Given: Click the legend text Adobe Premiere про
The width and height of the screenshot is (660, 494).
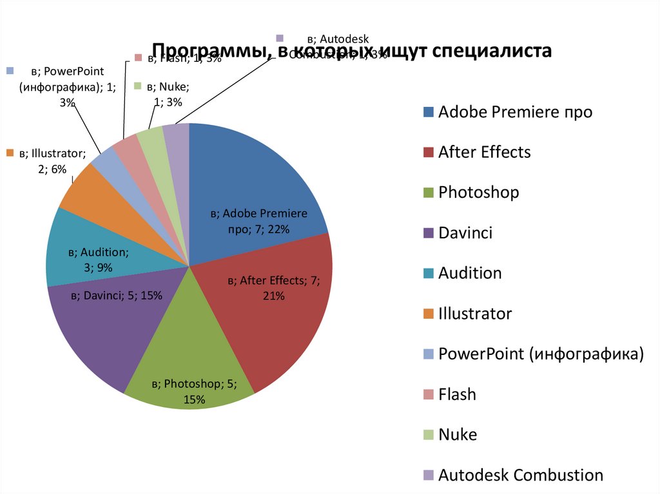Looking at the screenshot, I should [515, 112].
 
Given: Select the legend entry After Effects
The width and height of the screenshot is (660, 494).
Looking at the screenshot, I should [484, 152].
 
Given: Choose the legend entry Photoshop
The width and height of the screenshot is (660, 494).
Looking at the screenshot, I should [478, 192].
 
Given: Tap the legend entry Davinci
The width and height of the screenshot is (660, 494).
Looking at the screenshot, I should [465, 233].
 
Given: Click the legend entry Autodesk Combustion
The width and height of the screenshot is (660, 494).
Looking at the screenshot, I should [520, 475].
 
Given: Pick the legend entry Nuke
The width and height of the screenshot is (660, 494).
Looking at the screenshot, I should [458, 435].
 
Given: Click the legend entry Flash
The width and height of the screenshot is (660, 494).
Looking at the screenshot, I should [457, 394].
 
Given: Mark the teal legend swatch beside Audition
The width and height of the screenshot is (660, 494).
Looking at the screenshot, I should [428, 274].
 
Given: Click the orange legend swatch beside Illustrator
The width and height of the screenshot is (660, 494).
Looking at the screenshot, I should [428, 314].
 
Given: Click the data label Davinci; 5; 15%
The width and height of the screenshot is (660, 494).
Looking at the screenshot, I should [117, 296].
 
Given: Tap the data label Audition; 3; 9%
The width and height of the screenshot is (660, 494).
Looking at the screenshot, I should [99, 260].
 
